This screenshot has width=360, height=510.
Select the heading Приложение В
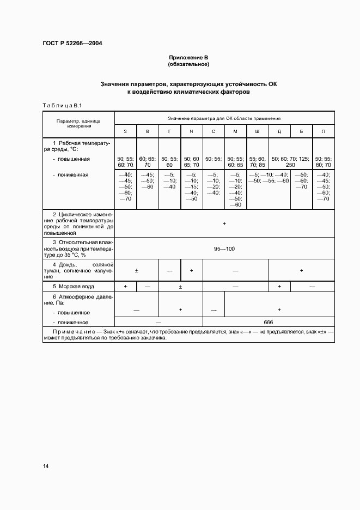point(188,57)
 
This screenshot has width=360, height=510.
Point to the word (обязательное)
point(188,64)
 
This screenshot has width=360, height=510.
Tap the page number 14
point(46,465)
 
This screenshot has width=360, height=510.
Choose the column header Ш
point(257,132)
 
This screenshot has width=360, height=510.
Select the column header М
point(235,132)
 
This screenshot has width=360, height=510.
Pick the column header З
point(126,132)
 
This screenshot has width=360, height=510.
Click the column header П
point(324,132)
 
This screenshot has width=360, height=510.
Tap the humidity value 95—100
point(224,248)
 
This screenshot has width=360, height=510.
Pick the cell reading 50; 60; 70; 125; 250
point(290,162)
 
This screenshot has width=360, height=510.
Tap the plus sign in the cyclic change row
point(224,224)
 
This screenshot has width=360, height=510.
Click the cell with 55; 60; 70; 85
point(257,162)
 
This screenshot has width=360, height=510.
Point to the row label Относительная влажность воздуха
point(79,248)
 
